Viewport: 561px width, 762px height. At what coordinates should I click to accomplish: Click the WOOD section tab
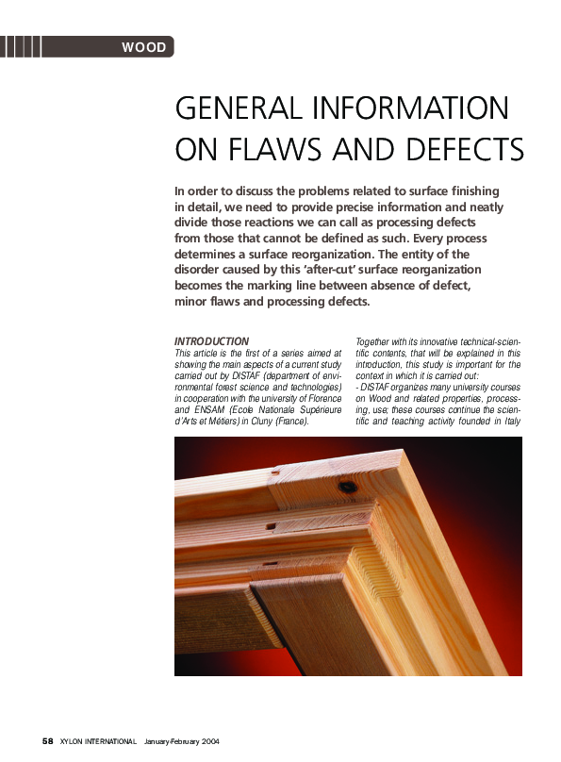143,47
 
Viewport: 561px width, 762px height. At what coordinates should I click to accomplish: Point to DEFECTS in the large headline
462,150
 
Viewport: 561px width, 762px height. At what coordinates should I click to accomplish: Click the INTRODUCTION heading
212,341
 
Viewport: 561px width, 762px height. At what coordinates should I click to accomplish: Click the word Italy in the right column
508,420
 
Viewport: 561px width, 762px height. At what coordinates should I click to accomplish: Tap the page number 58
47,741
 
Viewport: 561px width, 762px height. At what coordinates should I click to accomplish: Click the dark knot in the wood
348,487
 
